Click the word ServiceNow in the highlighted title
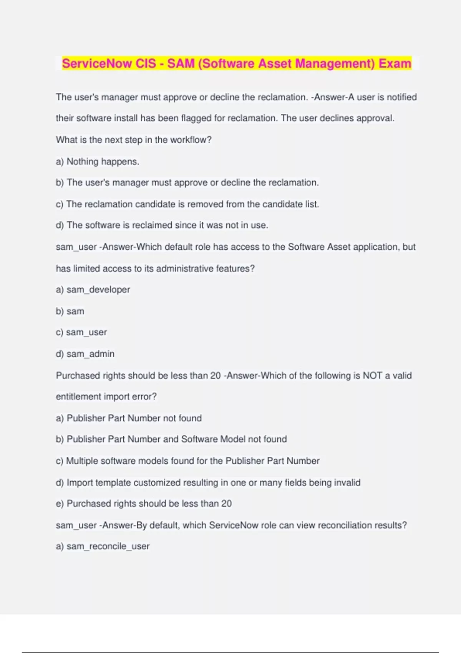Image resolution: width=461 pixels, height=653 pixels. tap(98, 63)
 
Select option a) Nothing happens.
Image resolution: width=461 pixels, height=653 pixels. tap(98, 161)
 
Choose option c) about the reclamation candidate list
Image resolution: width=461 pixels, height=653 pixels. tap(187, 204)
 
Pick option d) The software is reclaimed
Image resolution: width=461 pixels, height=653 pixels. tap(162, 225)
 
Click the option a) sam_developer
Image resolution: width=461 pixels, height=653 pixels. tap(93, 290)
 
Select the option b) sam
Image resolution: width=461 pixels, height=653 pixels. tap(70, 311)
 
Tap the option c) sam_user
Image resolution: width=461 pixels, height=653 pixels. tap(81, 332)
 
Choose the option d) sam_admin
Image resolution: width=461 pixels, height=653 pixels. tap(85, 354)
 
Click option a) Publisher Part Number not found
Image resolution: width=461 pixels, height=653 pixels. tap(129, 418)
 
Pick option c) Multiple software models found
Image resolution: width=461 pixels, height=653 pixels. tap(187, 461)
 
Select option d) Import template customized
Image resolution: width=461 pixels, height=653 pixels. tap(208, 482)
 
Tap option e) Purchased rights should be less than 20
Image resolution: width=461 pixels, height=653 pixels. tap(144, 504)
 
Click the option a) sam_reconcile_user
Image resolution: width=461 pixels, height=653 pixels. tap(103, 546)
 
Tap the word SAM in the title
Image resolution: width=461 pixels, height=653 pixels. tap(181, 63)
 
